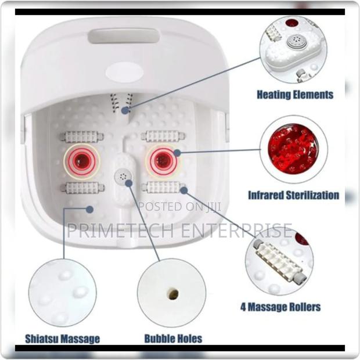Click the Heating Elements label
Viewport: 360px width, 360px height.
click(x=295, y=95)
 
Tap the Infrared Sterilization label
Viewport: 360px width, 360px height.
click(x=293, y=195)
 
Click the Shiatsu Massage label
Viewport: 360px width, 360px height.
click(x=62, y=339)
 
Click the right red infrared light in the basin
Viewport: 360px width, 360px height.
click(x=163, y=161)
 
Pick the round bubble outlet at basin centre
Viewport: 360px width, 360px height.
click(x=123, y=176)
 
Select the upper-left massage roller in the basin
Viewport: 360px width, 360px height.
click(x=81, y=137)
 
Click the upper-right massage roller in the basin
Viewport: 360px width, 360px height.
click(x=163, y=136)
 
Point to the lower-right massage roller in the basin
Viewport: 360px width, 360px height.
click(x=163, y=187)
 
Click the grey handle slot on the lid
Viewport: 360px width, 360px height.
click(x=124, y=36)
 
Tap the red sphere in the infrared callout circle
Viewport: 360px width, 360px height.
click(x=293, y=148)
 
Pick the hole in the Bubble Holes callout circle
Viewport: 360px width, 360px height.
click(x=172, y=294)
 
